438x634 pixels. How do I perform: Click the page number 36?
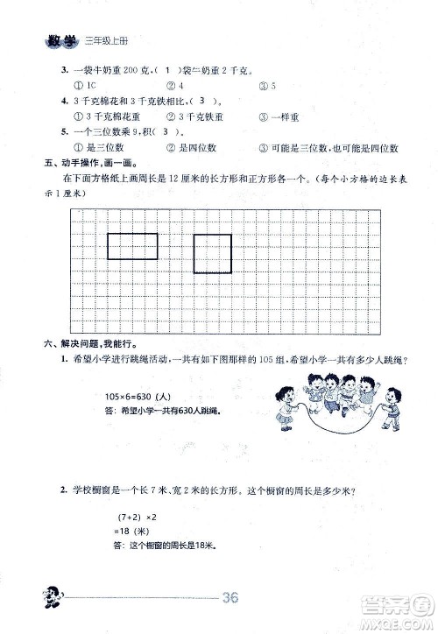(x=231, y=599)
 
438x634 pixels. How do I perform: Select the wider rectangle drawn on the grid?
(x=132, y=247)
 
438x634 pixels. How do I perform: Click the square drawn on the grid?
(x=212, y=254)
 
